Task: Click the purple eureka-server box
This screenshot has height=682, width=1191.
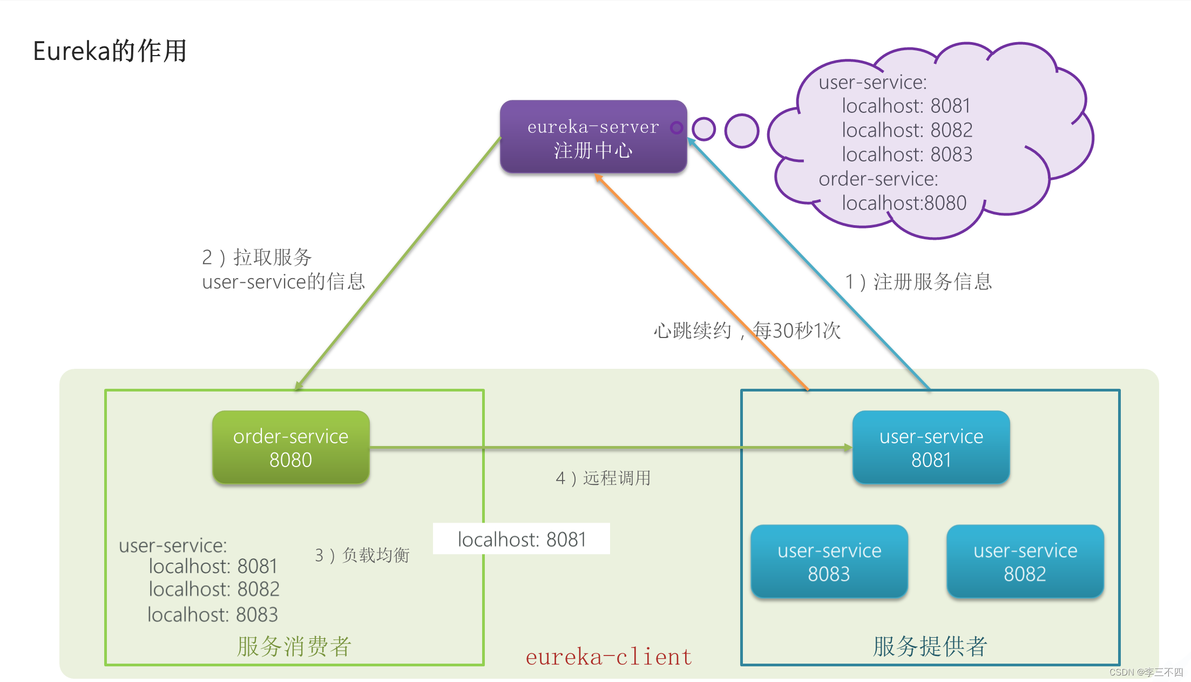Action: [593, 137]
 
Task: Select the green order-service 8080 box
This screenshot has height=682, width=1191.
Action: [290, 448]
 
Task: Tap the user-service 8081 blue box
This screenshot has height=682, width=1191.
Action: [931, 448]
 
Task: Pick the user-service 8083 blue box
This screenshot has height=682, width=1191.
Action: [829, 562]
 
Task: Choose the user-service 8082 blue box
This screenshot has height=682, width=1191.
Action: [1025, 562]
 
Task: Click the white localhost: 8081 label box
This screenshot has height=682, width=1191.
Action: [521, 539]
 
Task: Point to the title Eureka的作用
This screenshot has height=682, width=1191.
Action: [110, 51]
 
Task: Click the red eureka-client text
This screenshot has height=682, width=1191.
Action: [608, 657]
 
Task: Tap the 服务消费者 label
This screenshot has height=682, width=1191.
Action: [294, 646]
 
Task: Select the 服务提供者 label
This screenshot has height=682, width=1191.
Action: [930, 646]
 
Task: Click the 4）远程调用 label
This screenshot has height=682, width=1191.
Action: [603, 478]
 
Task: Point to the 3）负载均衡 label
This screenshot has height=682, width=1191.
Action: [362, 555]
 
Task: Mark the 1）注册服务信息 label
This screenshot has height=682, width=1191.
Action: [918, 281]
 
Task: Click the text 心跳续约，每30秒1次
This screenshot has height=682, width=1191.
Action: [747, 330]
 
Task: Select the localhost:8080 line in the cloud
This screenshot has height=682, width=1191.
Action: [904, 203]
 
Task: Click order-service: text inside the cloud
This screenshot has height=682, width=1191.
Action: [878, 179]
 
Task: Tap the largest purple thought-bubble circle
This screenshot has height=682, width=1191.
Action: [741, 131]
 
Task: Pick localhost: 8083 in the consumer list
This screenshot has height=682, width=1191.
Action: [213, 615]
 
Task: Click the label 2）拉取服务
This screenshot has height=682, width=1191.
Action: [257, 258]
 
